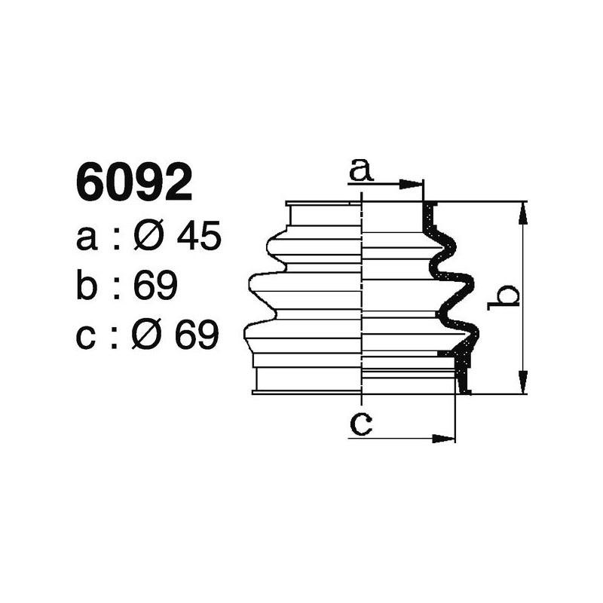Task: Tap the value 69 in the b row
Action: click(x=155, y=287)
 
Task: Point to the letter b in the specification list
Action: click(x=87, y=287)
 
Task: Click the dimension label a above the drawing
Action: click(x=361, y=170)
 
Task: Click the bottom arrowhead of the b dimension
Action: click(x=521, y=384)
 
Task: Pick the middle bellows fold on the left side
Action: click(x=301, y=289)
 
